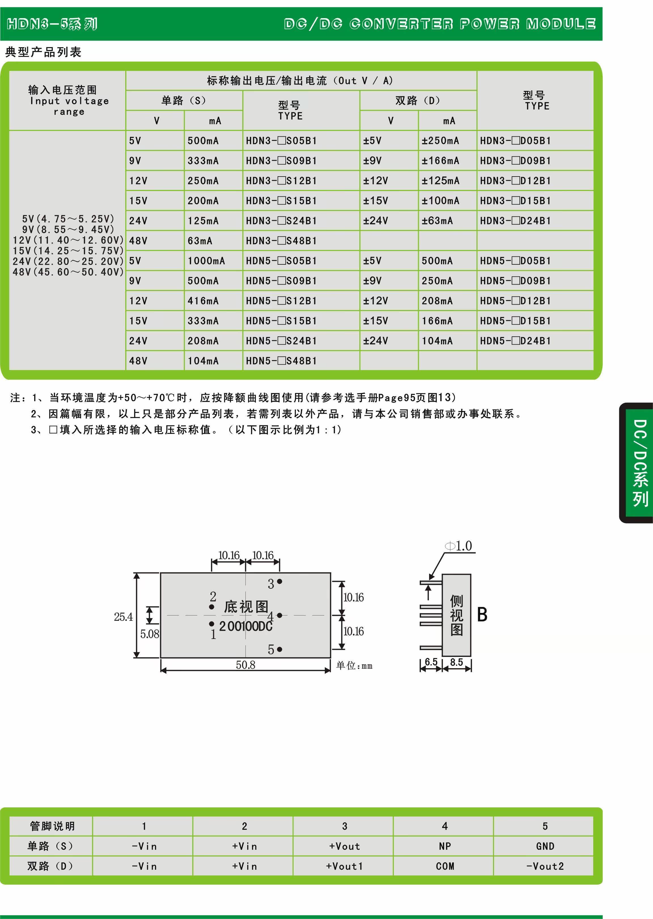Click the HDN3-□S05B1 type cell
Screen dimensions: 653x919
coord(281,141)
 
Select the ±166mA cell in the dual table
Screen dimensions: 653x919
coord(440,161)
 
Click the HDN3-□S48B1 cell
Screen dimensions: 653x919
coord(281,241)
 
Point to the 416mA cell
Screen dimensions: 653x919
coord(203,301)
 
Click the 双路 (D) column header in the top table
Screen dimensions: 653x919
coord(418,101)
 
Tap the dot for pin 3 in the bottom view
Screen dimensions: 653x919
coord(279,581)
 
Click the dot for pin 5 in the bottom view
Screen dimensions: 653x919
coord(279,649)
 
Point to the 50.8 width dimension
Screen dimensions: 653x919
coord(245,665)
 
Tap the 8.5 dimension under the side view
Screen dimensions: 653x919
coord(456,662)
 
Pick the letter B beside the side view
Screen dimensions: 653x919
coord(482,615)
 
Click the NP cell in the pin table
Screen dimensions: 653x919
coord(445,846)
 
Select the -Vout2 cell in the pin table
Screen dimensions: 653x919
coord(545,866)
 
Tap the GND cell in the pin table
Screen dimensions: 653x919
coord(545,846)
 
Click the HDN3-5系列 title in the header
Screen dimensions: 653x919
coord(52,24)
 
